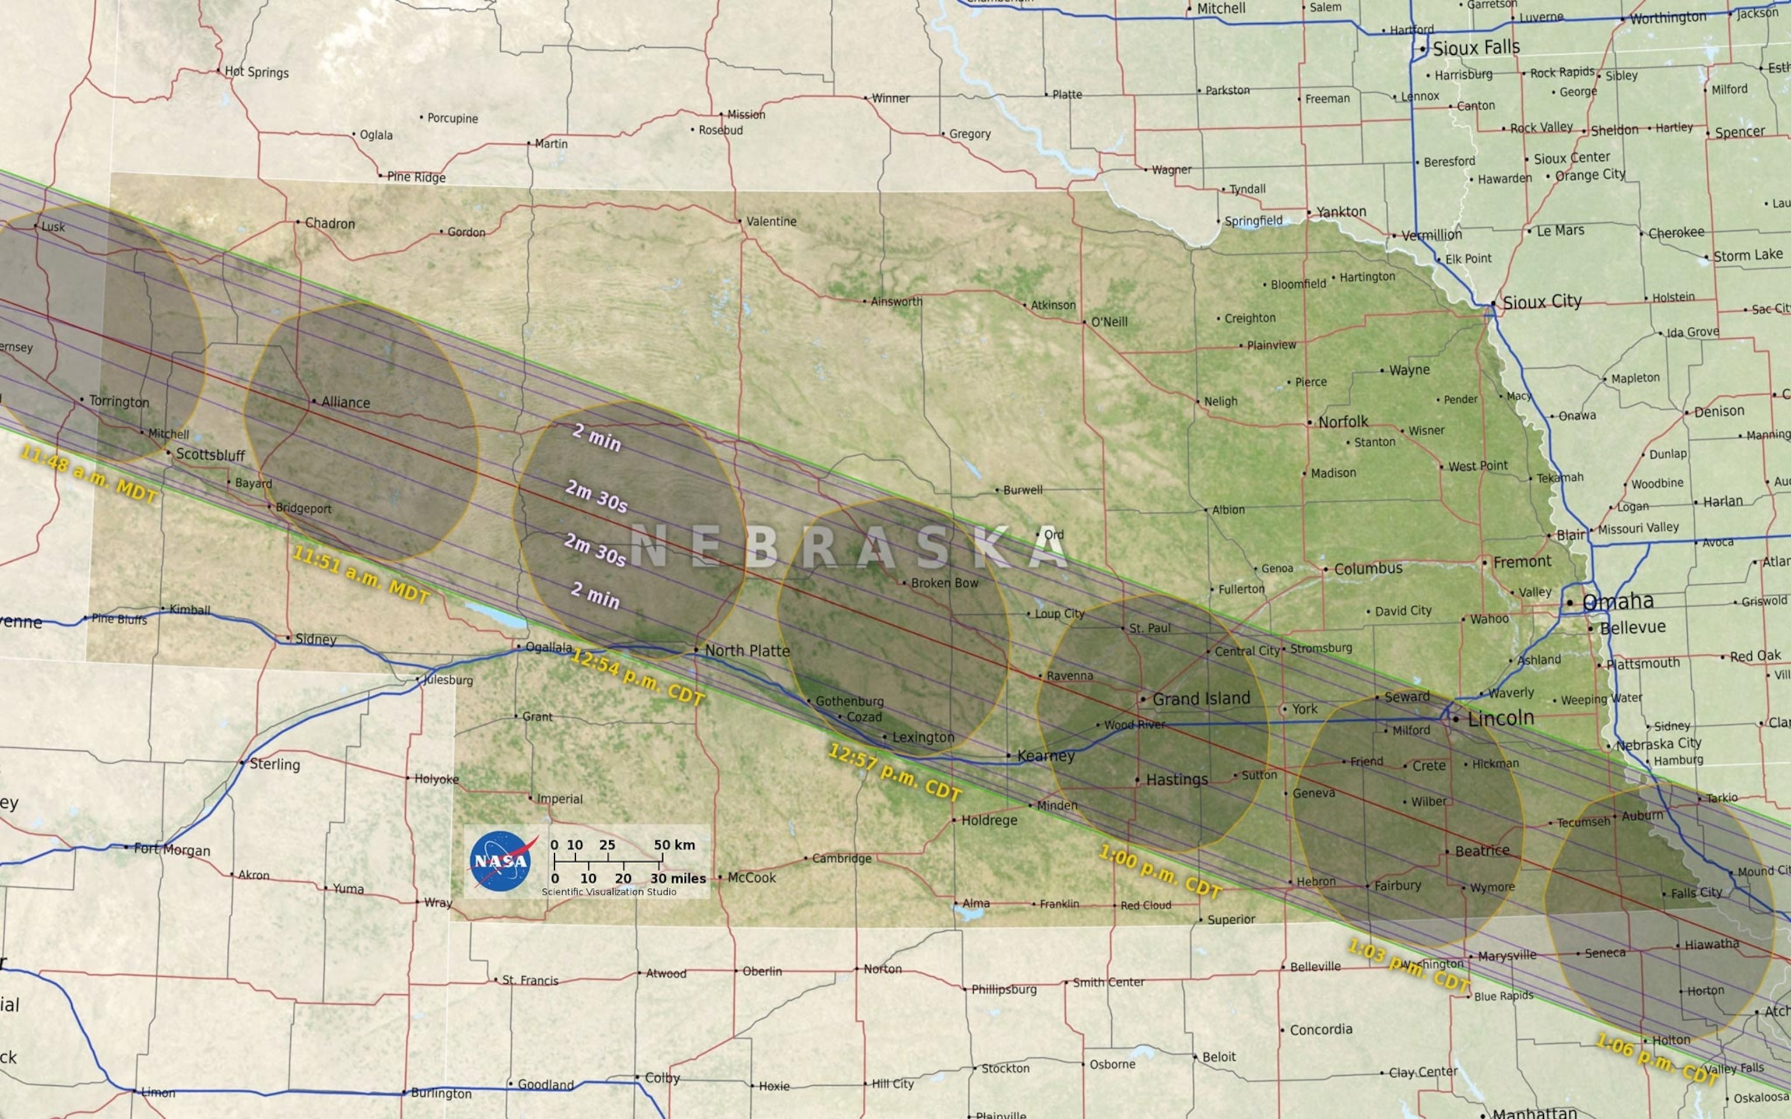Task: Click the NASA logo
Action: point(501,860)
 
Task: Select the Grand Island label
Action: point(1200,699)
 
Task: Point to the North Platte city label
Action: point(747,650)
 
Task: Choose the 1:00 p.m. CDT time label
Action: point(1159,872)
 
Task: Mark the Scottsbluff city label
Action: point(210,455)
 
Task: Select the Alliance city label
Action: point(346,403)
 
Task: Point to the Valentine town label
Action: point(771,221)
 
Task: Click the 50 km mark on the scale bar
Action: point(673,844)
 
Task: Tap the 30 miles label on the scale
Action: point(678,878)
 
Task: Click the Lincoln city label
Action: point(1500,718)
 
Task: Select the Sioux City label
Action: point(1541,302)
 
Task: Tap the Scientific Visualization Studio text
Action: point(608,892)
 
